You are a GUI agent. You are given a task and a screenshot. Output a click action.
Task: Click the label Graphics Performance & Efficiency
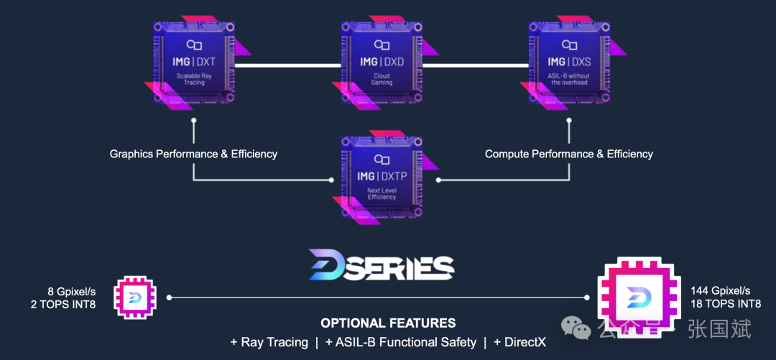(193, 154)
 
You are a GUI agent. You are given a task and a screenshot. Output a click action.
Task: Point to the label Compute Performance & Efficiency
(569, 154)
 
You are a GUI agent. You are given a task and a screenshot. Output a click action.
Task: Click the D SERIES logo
(382, 265)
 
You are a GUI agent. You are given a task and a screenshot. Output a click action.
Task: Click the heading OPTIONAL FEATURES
(388, 323)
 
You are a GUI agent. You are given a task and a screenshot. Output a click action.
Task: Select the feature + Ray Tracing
(269, 343)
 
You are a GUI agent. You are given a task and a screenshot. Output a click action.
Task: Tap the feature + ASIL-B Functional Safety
(400, 343)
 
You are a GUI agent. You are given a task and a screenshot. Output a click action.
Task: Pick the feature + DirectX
(519, 343)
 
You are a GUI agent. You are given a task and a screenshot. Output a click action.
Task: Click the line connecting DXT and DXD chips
(287, 65)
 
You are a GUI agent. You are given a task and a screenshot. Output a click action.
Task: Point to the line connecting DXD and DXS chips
(475, 65)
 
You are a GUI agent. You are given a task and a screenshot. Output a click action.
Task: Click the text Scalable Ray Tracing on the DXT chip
(194, 78)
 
